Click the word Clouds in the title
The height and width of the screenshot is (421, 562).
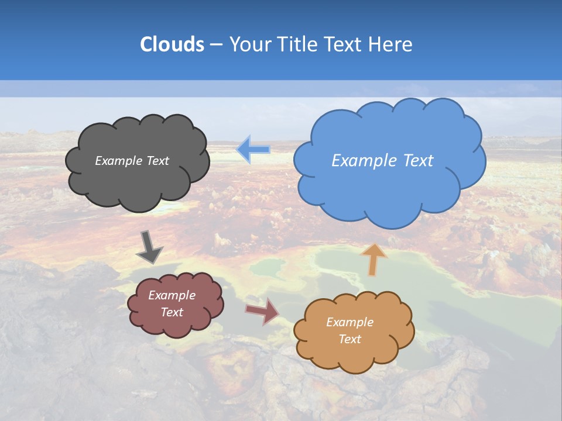(x=172, y=44)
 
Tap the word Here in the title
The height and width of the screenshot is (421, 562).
(x=392, y=44)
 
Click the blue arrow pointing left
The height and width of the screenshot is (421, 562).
(x=253, y=150)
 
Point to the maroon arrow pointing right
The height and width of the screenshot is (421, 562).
(x=262, y=311)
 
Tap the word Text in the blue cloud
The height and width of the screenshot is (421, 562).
(x=419, y=161)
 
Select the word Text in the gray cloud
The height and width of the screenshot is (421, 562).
(x=158, y=161)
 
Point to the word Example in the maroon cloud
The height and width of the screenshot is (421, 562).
(x=172, y=296)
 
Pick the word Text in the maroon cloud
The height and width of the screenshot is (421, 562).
(x=172, y=312)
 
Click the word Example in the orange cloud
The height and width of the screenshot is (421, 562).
(x=349, y=322)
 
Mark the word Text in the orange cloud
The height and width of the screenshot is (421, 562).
(x=349, y=339)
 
